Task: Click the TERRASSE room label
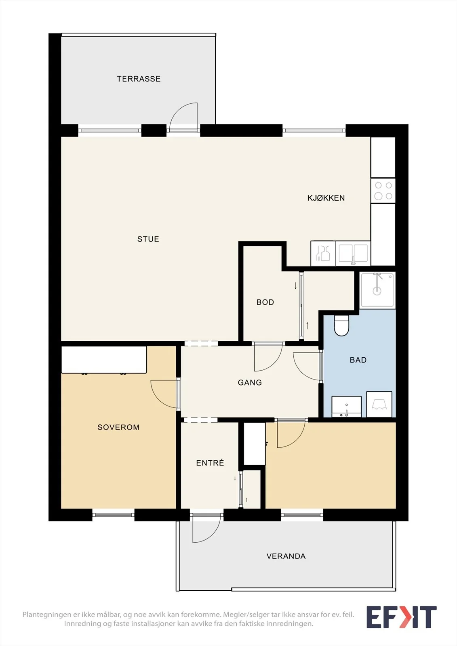click(x=139, y=79)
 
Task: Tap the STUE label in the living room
click(x=148, y=239)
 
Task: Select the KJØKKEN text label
click(x=326, y=198)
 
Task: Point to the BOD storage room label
click(x=265, y=302)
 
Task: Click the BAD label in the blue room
click(x=358, y=360)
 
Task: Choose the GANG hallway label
click(x=250, y=382)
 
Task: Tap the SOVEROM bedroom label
click(x=118, y=427)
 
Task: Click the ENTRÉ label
click(x=210, y=463)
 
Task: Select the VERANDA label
click(x=286, y=556)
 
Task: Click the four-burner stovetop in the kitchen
click(x=383, y=191)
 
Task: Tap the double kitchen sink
click(x=353, y=253)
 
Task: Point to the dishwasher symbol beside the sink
click(x=323, y=253)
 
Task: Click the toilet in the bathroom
click(x=341, y=325)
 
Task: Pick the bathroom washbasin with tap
click(x=346, y=407)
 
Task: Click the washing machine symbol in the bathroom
click(x=379, y=404)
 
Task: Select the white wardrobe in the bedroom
click(x=104, y=360)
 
